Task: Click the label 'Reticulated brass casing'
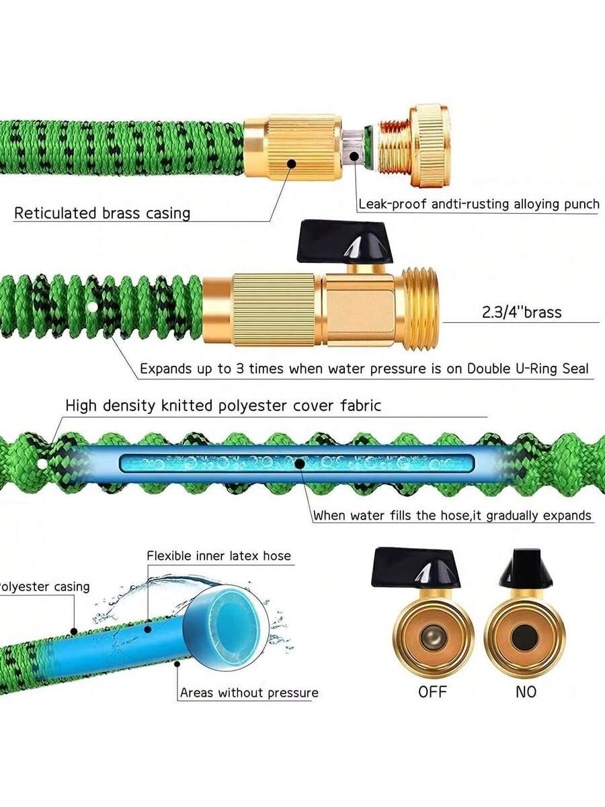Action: click(x=102, y=213)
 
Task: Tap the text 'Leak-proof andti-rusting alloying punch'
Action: click(x=479, y=204)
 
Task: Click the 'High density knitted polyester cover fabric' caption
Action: click(x=223, y=406)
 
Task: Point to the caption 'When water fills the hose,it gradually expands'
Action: click(x=452, y=516)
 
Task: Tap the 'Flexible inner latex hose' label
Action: click(x=219, y=555)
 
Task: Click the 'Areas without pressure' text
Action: click(x=249, y=693)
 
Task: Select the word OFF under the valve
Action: click(x=432, y=692)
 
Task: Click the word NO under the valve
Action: click(x=526, y=692)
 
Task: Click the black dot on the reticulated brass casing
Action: click(x=291, y=163)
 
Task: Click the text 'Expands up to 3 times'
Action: click(x=204, y=369)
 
